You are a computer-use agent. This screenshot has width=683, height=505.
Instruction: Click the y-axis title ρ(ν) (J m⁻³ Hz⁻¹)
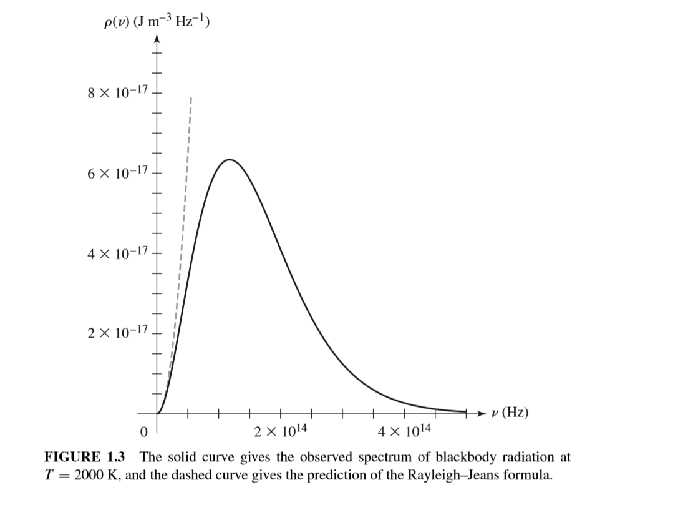[157, 23]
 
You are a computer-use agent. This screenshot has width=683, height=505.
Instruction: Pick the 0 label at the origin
[144, 431]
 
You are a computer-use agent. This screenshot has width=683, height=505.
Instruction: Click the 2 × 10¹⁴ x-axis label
[279, 431]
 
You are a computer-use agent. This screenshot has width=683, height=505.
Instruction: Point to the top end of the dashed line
[191, 97]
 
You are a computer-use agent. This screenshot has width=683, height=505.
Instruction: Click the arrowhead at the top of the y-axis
[157, 42]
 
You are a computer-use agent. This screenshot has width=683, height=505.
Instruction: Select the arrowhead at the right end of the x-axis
[479, 413]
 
